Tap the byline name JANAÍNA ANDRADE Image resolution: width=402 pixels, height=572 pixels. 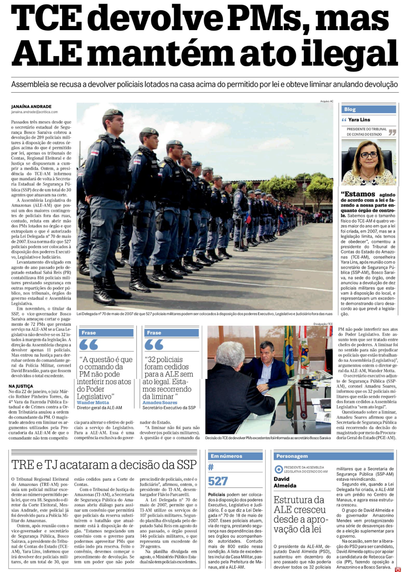pyautogui.click(x=31, y=107)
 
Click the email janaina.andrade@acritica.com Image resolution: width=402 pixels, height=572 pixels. pyautogui.click(x=34, y=112)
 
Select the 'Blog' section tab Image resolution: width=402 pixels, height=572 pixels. pyautogui.click(x=350, y=109)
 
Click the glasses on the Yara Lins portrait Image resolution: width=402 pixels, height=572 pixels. pyautogui.click(x=368, y=155)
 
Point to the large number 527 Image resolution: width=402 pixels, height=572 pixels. pyautogui.click(x=218, y=481)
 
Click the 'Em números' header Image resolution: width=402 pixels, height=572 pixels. pyautogui.click(x=226, y=456)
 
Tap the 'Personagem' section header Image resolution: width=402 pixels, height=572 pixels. pyautogui.click(x=292, y=456)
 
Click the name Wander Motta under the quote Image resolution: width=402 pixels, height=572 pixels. pyautogui.click(x=93, y=403)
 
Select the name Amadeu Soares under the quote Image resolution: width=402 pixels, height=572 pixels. pyautogui.click(x=160, y=403)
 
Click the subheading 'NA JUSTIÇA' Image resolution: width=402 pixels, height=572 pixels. pyautogui.click(x=21, y=386)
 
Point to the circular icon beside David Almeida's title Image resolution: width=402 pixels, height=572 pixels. pyautogui.click(x=278, y=469)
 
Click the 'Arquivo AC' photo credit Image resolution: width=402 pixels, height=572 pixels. pyautogui.click(x=327, y=101)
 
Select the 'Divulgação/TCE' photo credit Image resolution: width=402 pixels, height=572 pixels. pyautogui.click(x=323, y=324)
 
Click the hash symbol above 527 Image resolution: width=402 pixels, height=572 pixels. pyautogui.click(x=211, y=467)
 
